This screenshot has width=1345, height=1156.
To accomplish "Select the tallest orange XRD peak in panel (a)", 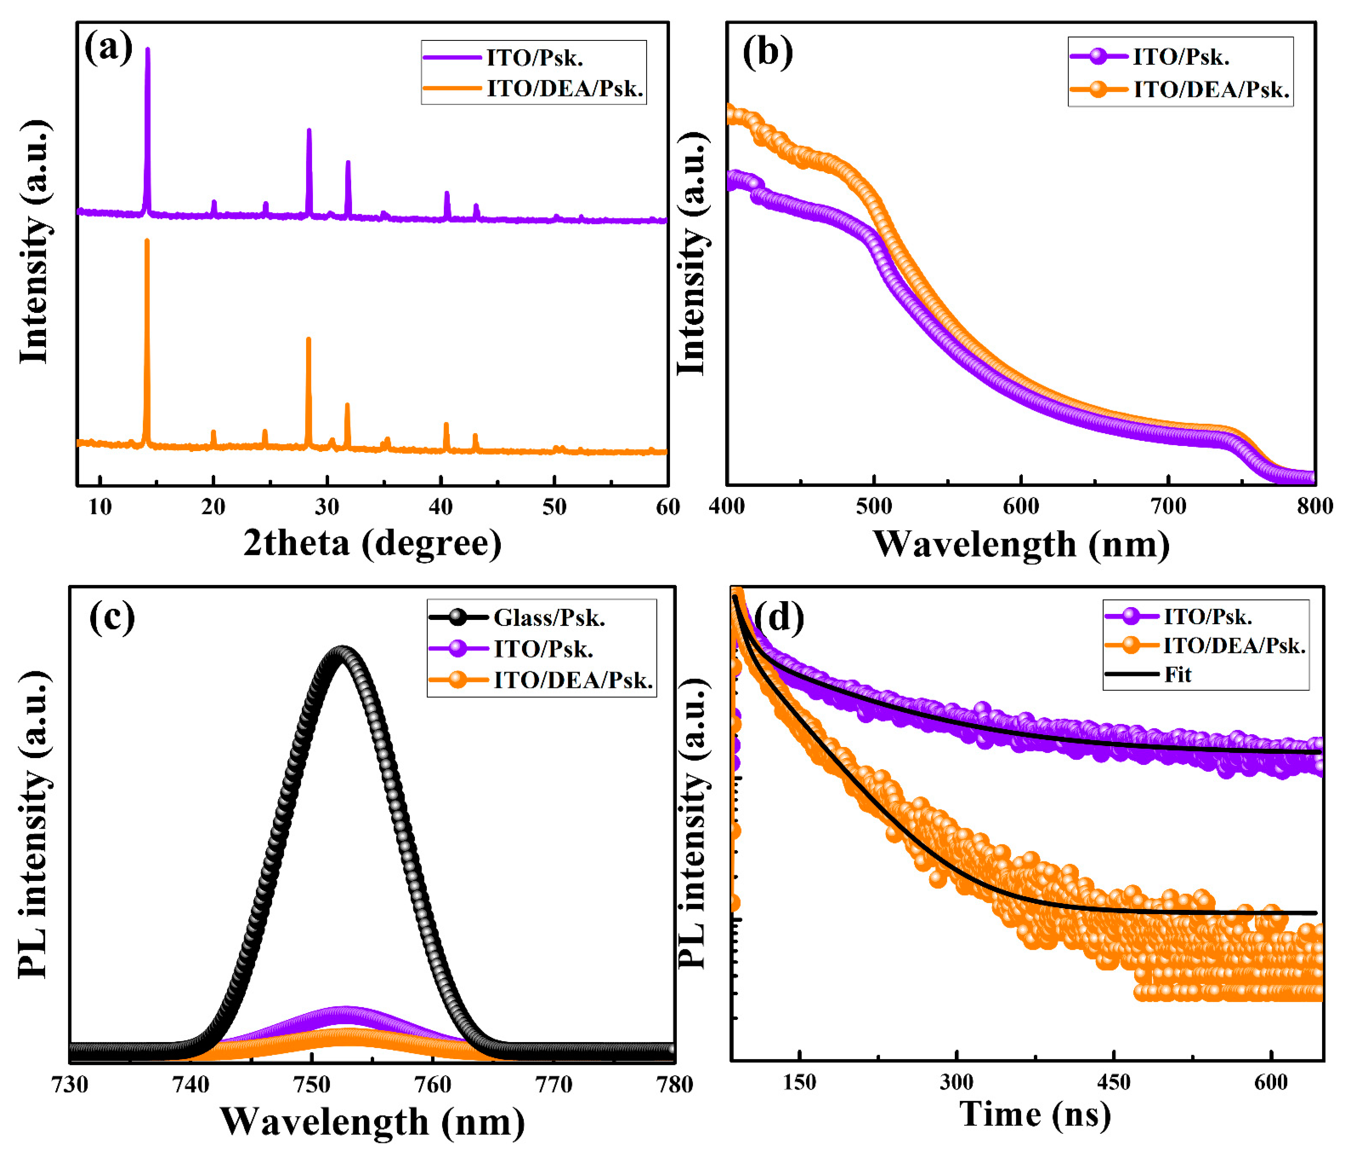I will click(x=147, y=242).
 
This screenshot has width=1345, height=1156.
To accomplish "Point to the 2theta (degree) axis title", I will click(x=372, y=542).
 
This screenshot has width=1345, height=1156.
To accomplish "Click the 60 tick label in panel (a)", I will click(x=668, y=507).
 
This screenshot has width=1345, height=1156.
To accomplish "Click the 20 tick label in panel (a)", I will click(x=213, y=507).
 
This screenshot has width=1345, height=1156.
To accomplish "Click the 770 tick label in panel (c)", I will click(x=554, y=1085).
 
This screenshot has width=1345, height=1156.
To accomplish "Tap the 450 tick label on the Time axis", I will click(x=1114, y=1082).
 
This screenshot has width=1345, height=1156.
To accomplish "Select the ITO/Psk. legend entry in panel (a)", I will click(x=535, y=58).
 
